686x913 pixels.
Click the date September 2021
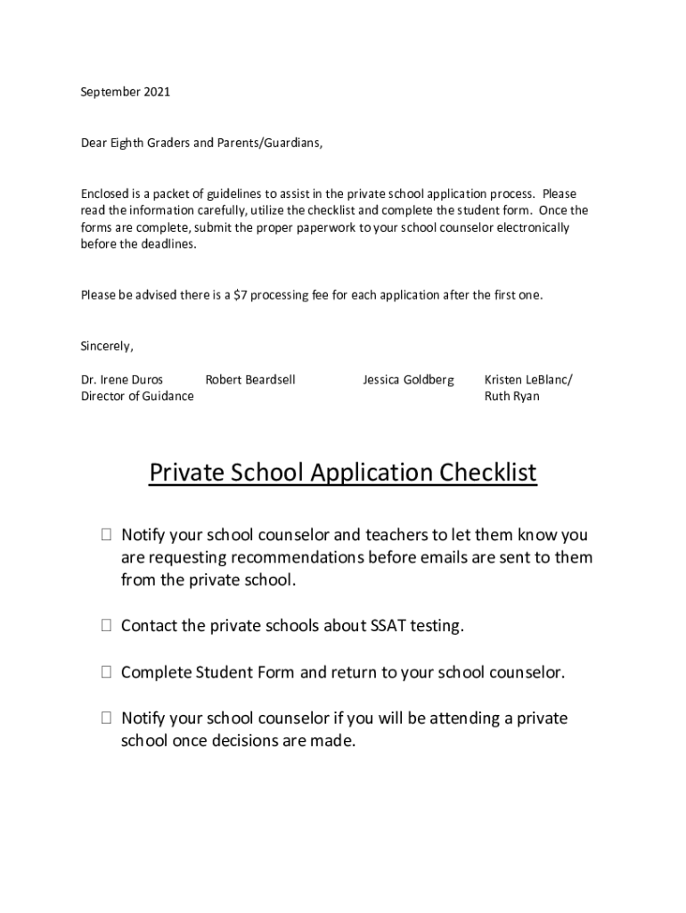click(x=126, y=92)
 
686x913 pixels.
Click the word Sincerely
click(x=107, y=346)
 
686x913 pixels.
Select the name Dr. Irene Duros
click(x=122, y=380)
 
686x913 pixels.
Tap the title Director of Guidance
click(x=137, y=397)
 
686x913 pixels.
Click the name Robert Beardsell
click(x=250, y=380)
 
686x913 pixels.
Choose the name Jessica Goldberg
click(x=408, y=380)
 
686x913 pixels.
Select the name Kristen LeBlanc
click(x=528, y=380)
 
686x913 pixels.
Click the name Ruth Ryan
click(x=511, y=397)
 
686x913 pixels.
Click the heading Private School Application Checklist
click(x=343, y=473)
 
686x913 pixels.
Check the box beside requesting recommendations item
click(x=106, y=536)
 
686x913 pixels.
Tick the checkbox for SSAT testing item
click(x=106, y=627)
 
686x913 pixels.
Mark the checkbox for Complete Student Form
click(x=106, y=672)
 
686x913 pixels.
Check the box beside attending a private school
click(x=106, y=719)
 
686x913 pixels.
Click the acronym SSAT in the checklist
click(x=388, y=627)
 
